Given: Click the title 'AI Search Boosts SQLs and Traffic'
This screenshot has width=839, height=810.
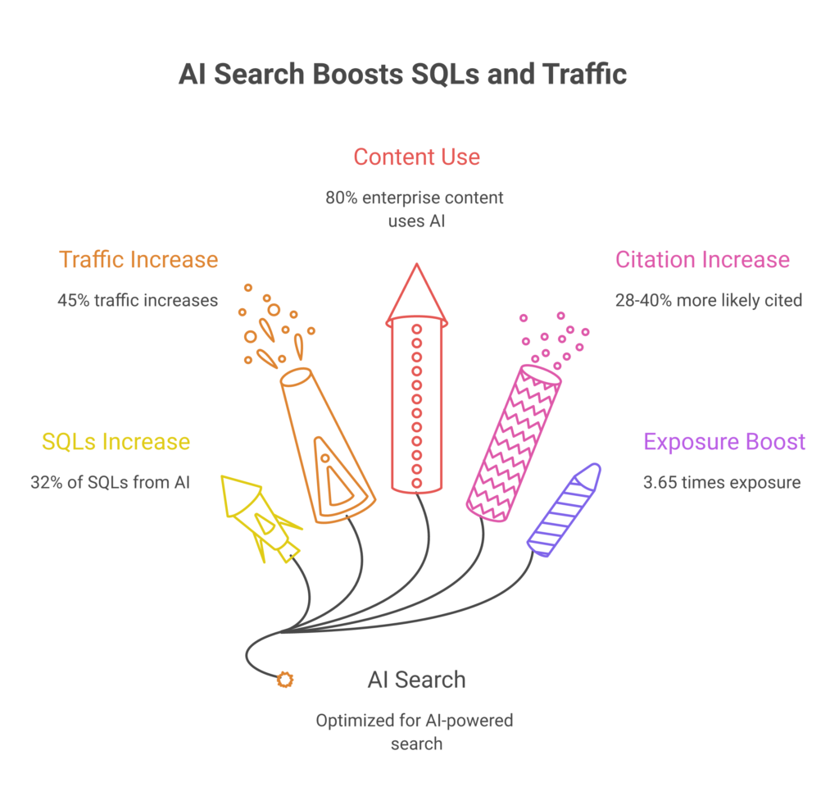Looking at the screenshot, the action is [x=402, y=74].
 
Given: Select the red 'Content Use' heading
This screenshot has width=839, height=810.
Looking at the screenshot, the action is [x=417, y=157].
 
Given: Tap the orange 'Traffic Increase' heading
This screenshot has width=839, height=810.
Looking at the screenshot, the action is [x=138, y=260].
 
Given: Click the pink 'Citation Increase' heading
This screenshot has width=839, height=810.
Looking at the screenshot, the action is [x=702, y=260].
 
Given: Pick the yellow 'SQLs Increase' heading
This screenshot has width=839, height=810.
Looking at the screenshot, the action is [x=116, y=442].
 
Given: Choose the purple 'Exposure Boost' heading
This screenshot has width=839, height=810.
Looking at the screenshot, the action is [x=724, y=442].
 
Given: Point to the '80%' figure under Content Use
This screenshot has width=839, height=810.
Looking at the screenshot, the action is [x=342, y=198].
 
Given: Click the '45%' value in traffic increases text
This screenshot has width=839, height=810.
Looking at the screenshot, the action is [x=73, y=300].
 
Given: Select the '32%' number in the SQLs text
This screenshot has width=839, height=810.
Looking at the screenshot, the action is [x=47, y=482].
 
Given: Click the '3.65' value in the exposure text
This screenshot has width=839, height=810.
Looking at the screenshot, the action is [x=660, y=482].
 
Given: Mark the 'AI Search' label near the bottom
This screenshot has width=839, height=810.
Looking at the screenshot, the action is [x=417, y=680].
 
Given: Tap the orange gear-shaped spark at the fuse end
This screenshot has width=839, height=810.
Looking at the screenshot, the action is [x=285, y=680].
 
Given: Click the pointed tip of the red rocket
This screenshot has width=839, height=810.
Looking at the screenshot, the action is [x=417, y=264].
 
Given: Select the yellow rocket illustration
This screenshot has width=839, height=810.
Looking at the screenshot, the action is [x=261, y=516].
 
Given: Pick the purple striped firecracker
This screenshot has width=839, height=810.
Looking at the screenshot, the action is [x=564, y=510].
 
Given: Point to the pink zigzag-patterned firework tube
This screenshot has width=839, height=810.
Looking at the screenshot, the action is [x=513, y=444].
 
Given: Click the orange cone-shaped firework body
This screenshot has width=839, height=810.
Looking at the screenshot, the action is [x=328, y=445].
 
